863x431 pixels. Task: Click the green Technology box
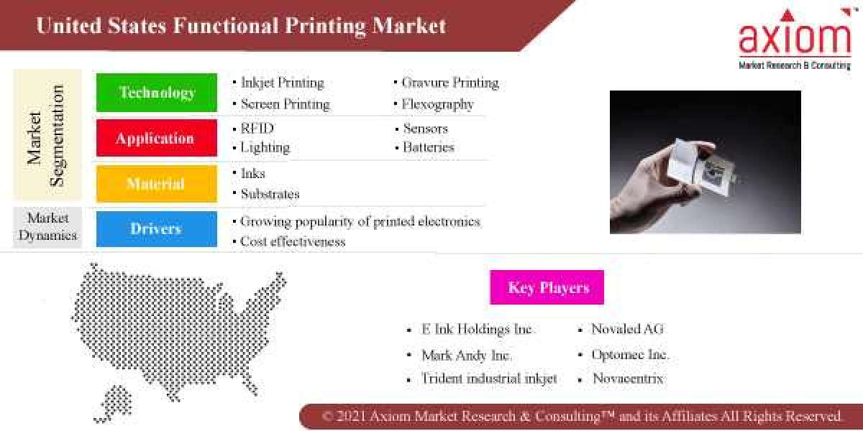[157, 93]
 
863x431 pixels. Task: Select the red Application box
[157, 138]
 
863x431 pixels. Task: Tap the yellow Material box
[157, 184]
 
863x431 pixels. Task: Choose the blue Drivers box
[157, 229]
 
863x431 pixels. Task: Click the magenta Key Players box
[548, 287]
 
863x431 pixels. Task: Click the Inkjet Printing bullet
[282, 83]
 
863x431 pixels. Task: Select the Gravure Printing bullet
[449, 83]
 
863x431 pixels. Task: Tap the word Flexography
[437, 104]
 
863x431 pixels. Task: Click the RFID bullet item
[257, 129]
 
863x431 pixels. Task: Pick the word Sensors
[425, 129]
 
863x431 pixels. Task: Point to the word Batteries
[428, 147]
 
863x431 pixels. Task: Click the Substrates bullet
[270, 194]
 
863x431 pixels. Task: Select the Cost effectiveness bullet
[293, 241]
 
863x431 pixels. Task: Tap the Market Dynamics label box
[47, 227]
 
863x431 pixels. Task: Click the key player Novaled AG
[627, 329]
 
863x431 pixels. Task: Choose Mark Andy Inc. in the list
[467, 355]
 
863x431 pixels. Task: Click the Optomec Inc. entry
[630, 355]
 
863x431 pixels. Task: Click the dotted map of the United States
[180, 330]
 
